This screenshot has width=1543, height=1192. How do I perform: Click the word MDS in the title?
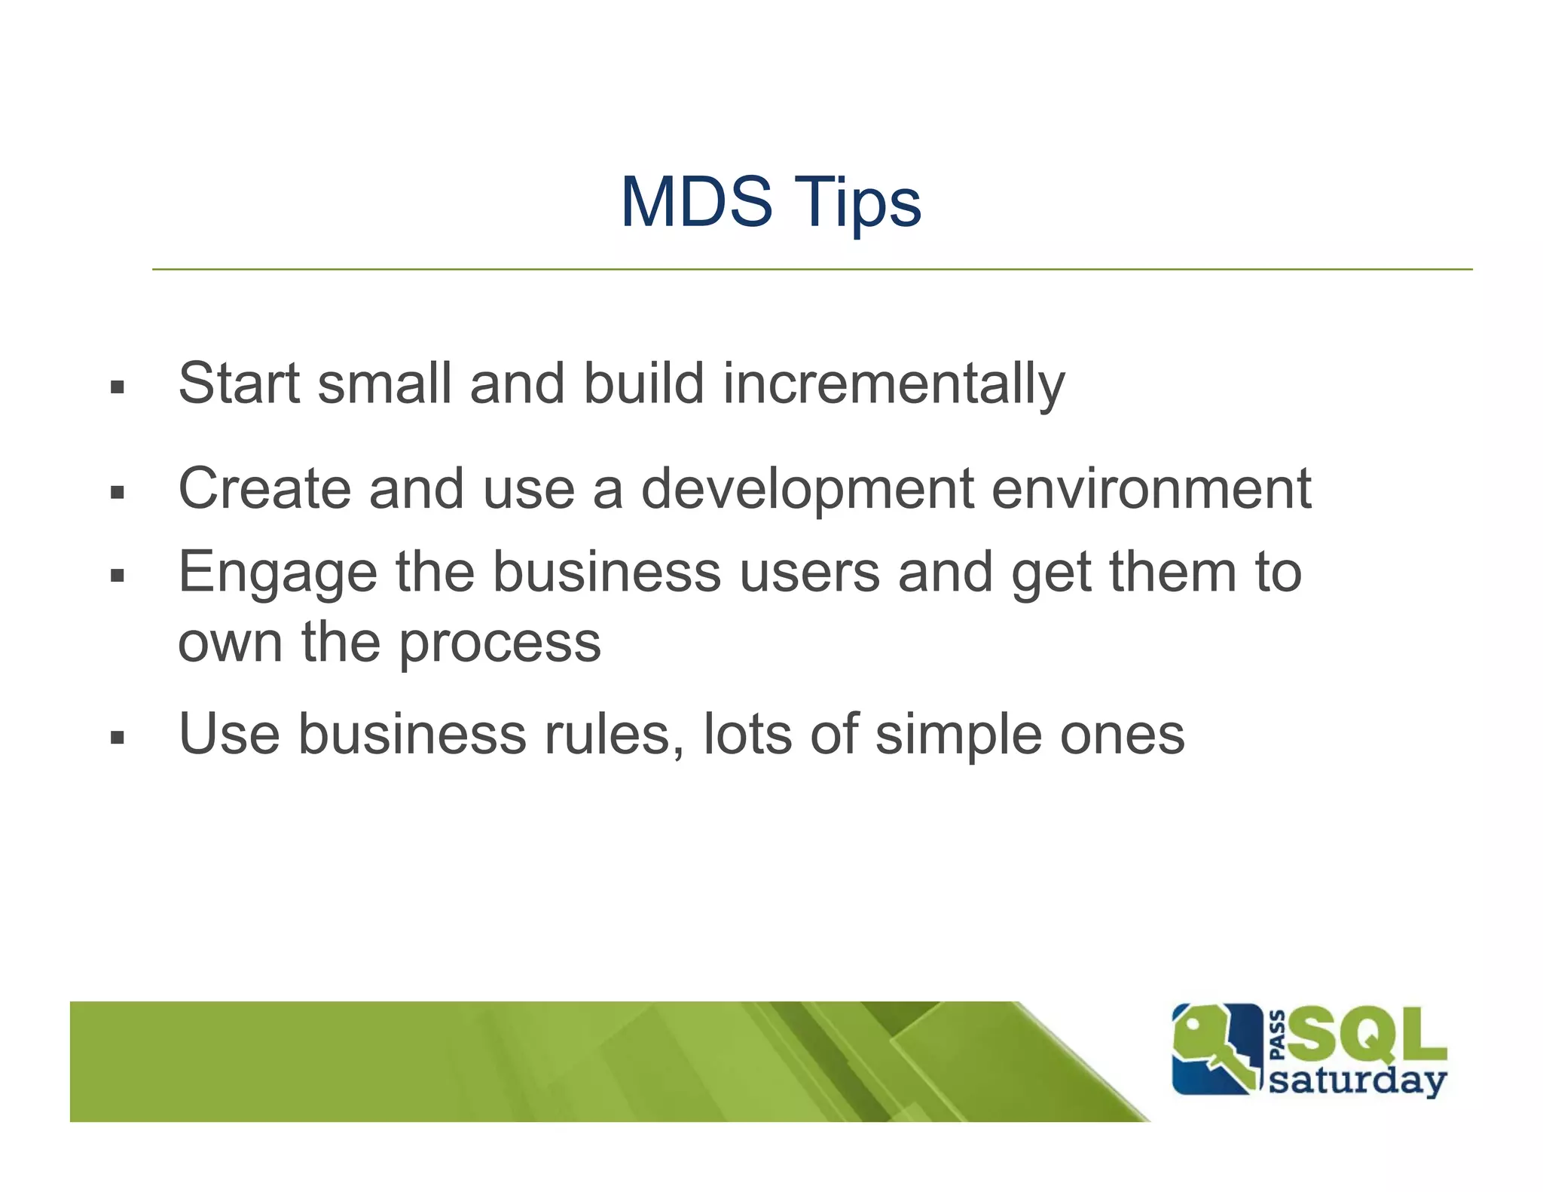(x=696, y=201)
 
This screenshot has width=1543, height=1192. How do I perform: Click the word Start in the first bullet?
(x=239, y=384)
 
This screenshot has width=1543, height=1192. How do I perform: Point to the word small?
(x=383, y=384)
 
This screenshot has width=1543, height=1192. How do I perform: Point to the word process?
(x=500, y=644)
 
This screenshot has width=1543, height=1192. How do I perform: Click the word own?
(x=230, y=644)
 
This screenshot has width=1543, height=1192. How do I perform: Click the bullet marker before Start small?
(x=117, y=388)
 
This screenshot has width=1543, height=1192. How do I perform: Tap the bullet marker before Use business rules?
(x=117, y=737)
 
